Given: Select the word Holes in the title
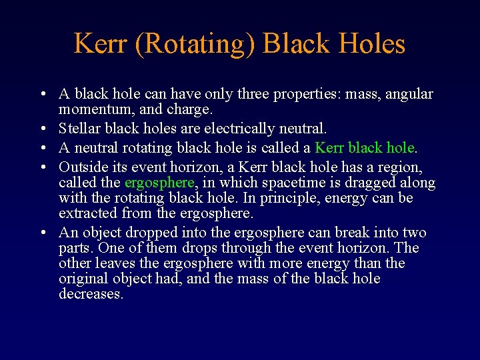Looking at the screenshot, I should coord(371,44).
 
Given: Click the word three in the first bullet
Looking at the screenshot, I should coord(258,94).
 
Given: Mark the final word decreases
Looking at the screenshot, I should coord(91,294).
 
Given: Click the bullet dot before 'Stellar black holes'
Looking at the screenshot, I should coord(42,128).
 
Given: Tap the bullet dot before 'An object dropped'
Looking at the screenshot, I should coord(42,233).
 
